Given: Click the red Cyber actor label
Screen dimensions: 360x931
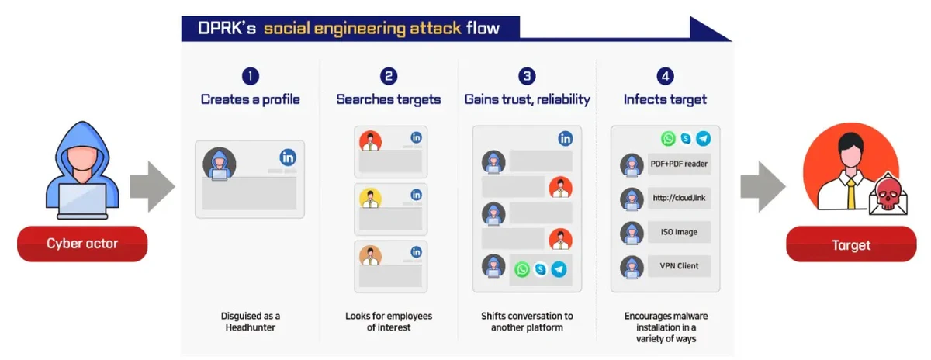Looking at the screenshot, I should [x=82, y=244].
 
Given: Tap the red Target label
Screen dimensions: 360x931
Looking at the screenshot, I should [x=851, y=245].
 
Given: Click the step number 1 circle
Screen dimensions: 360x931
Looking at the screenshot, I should [x=250, y=76].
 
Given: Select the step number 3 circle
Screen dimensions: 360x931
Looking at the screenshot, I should [x=528, y=76].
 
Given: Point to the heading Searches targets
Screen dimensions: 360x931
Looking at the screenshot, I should [x=389, y=99].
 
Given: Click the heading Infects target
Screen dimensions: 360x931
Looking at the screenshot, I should [x=665, y=99].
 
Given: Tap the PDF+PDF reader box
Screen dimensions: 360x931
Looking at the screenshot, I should [x=680, y=164].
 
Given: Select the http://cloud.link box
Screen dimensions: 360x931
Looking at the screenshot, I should [x=680, y=199].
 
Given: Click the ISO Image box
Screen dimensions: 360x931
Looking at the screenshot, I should [x=680, y=232].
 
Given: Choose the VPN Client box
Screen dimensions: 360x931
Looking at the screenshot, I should [x=680, y=266].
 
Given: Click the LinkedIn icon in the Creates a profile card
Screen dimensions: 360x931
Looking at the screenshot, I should [x=288, y=157].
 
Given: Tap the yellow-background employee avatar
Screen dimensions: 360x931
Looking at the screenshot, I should [x=370, y=197].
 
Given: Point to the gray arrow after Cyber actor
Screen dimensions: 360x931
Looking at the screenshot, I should [x=150, y=187].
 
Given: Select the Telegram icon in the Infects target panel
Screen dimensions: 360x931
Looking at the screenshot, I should [x=703, y=139].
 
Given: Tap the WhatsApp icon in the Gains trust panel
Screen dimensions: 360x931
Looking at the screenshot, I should [x=521, y=269].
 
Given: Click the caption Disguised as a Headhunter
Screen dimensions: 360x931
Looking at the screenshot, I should [x=250, y=321].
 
